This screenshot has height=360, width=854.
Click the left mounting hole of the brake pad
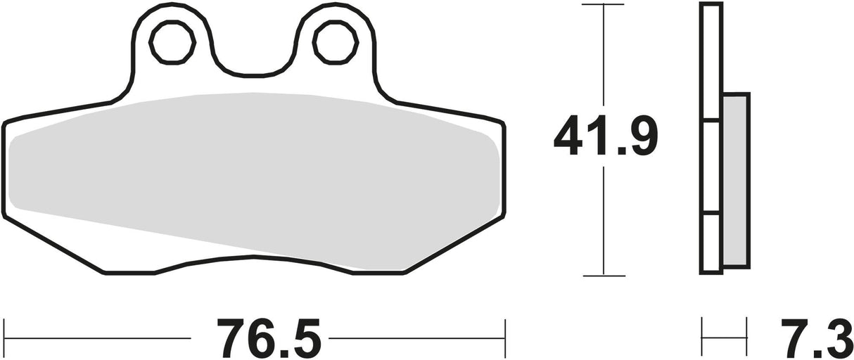click(x=172, y=41)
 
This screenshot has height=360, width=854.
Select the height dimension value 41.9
click(x=605, y=138)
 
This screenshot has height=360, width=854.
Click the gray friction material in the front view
click(x=253, y=176)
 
